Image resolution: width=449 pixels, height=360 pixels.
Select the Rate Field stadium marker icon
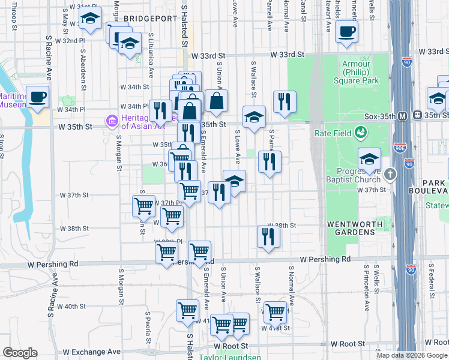(x=361, y=131)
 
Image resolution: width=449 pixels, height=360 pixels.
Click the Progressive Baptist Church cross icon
(x=391, y=175)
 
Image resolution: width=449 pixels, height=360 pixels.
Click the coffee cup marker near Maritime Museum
(x=38, y=97)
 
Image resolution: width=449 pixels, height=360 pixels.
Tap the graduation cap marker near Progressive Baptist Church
(x=369, y=159)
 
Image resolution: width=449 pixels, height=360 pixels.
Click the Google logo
(x=20, y=353)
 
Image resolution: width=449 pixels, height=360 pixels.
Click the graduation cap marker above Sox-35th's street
(x=254, y=117)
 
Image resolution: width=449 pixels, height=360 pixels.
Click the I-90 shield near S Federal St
(x=411, y=270)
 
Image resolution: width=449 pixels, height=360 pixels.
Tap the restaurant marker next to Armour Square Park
(x=285, y=101)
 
